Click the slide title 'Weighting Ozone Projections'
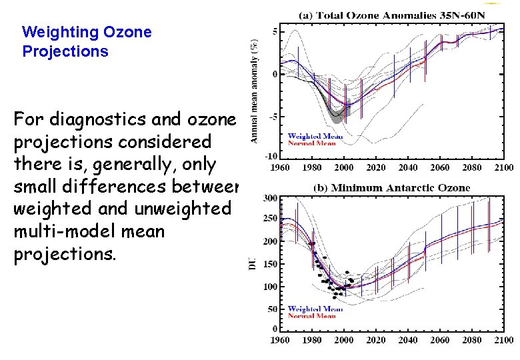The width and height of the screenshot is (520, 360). tap(87, 41)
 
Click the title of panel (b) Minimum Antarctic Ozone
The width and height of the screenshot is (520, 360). tap(391, 188)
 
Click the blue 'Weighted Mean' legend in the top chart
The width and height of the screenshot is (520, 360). tap(315, 136)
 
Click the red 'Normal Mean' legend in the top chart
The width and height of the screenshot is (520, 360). tap(311, 143)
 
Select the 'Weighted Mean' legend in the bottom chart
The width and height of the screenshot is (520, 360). tap(315, 309)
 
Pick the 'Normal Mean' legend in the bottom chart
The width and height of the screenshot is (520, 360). tap(311, 315)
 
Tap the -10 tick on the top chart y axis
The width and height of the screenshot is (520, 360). tap(271, 155)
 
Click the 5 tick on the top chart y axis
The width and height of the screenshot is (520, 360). tap(275, 31)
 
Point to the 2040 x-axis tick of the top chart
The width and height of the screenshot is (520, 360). tap(408, 167)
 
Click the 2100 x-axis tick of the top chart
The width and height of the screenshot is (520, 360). tap(504, 167)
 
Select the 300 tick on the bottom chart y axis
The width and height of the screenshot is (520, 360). tap(270, 199)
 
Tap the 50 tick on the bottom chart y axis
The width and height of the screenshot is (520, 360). tap(272, 309)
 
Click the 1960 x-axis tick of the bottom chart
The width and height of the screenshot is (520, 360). tap(280, 340)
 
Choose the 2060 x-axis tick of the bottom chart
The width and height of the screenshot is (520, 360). tap(440, 340)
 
